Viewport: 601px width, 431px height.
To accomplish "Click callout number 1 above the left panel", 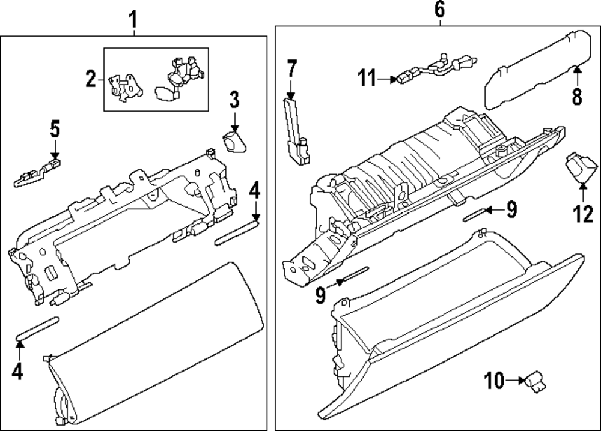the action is (x=133, y=20).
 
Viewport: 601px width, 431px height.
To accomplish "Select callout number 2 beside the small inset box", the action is (x=91, y=79).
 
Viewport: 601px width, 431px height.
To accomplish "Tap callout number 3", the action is (x=234, y=99).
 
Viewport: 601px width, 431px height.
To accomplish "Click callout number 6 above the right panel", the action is (x=440, y=9).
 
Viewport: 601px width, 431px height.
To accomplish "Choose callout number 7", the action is (x=291, y=68).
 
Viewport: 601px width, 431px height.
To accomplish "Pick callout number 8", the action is (x=577, y=95).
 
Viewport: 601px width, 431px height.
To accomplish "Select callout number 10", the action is (x=494, y=380).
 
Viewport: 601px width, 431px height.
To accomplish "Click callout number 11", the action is (x=367, y=78).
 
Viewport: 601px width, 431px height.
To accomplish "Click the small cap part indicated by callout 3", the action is (x=234, y=142).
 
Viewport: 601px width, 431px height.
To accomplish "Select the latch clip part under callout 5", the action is (x=37, y=173).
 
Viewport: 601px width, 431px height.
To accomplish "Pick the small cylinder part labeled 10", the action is (x=535, y=381).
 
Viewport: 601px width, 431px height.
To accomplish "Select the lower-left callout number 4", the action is (x=17, y=371).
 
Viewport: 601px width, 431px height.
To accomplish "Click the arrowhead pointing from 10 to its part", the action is (x=520, y=381).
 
